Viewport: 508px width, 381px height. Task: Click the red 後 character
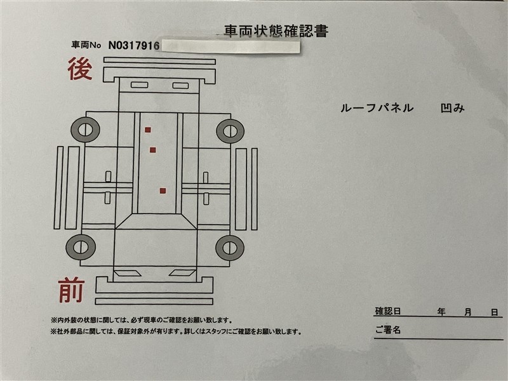(80, 69)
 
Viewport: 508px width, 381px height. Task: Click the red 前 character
(71, 290)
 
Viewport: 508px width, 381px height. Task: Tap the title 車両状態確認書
(276, 31)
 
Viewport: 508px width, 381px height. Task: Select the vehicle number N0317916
(133, 45)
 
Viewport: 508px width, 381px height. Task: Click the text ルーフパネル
(377, 108)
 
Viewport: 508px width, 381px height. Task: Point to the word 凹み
(453, 108)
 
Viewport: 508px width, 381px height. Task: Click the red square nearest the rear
(148, 130)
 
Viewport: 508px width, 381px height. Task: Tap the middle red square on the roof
(153, 150)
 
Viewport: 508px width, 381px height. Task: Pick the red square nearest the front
(163, 191)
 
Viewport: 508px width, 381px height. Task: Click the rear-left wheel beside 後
(85, 130)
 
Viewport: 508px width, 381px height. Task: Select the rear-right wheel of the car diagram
(230, 131)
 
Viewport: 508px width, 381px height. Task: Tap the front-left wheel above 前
(81, 247)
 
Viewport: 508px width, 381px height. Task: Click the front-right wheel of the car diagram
(230, 248)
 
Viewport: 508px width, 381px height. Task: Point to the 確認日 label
(388, 311)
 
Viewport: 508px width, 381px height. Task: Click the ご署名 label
(388, 330)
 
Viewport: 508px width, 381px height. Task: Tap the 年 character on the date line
(441, 312)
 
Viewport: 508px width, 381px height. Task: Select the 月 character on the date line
(468, 312)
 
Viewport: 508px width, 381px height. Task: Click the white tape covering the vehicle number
(230, 46)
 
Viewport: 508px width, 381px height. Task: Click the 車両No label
(86, 45)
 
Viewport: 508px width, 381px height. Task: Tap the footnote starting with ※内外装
(141, 321)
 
